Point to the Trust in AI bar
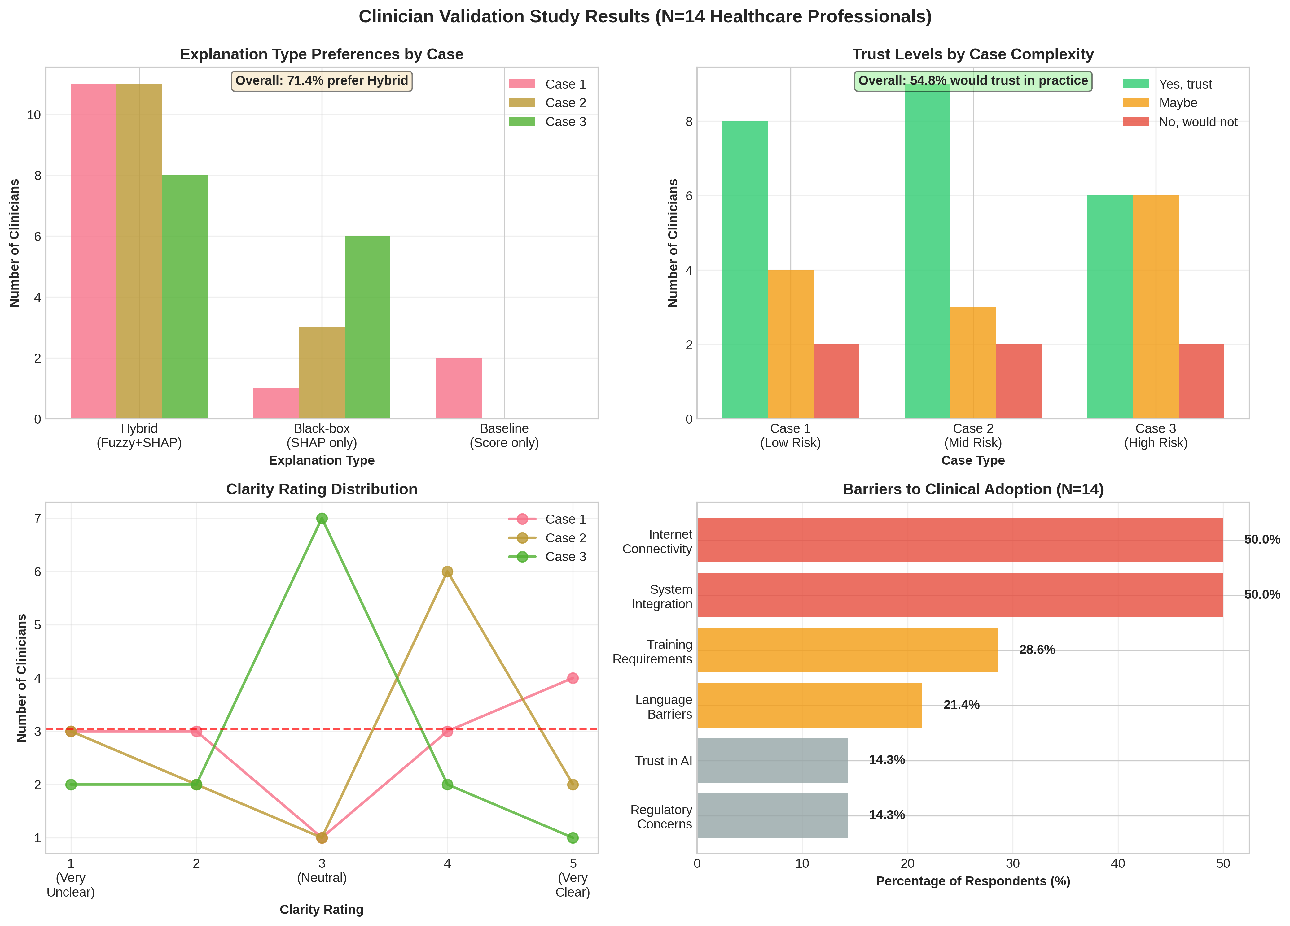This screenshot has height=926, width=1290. [772, 761]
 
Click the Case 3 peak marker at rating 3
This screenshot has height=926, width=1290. [322, 519]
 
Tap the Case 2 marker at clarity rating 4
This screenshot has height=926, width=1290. [447, 572]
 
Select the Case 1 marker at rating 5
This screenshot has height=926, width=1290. [573, 678]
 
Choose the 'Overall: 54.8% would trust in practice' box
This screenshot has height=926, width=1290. [973, 81]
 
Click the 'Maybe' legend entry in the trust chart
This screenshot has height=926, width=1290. [1177, 103]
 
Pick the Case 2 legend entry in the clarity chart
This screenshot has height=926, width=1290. [565, 538]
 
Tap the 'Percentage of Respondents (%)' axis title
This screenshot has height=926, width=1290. [973, 881]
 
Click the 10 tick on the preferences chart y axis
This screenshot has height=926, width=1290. [34, 115]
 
